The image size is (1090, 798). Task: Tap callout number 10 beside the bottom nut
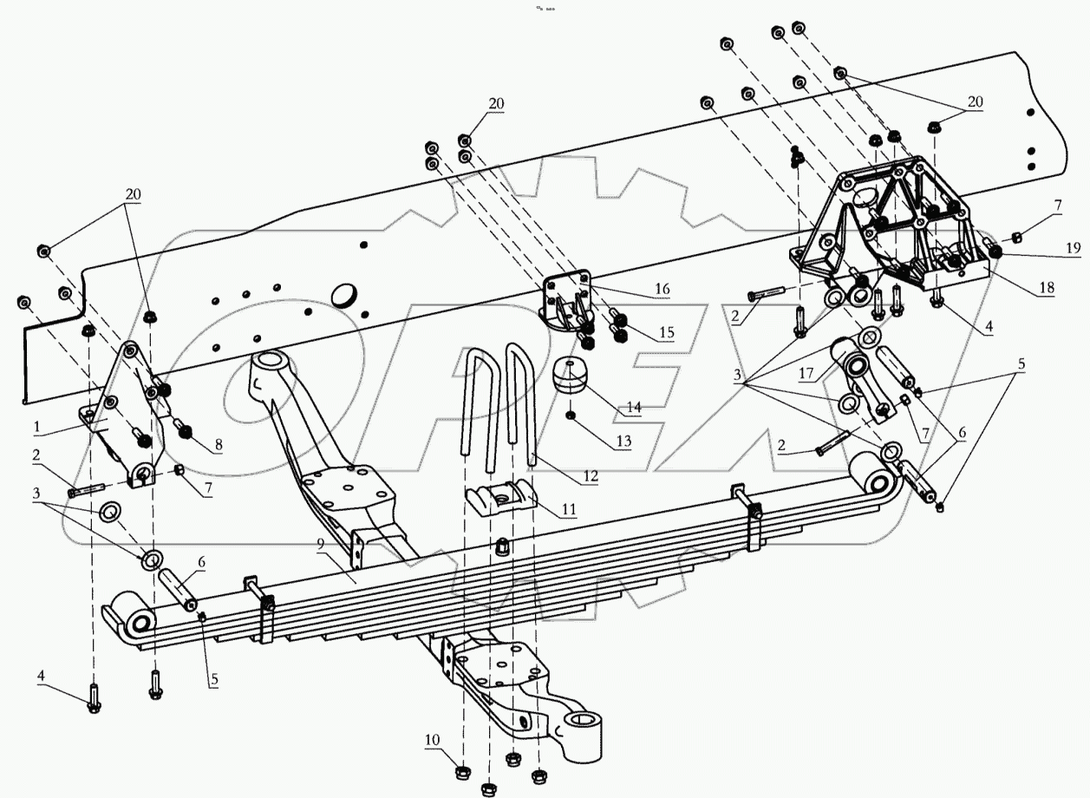[432, 739]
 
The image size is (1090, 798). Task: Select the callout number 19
[1074, 247]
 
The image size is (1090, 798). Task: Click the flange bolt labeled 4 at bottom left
[94, 701]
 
